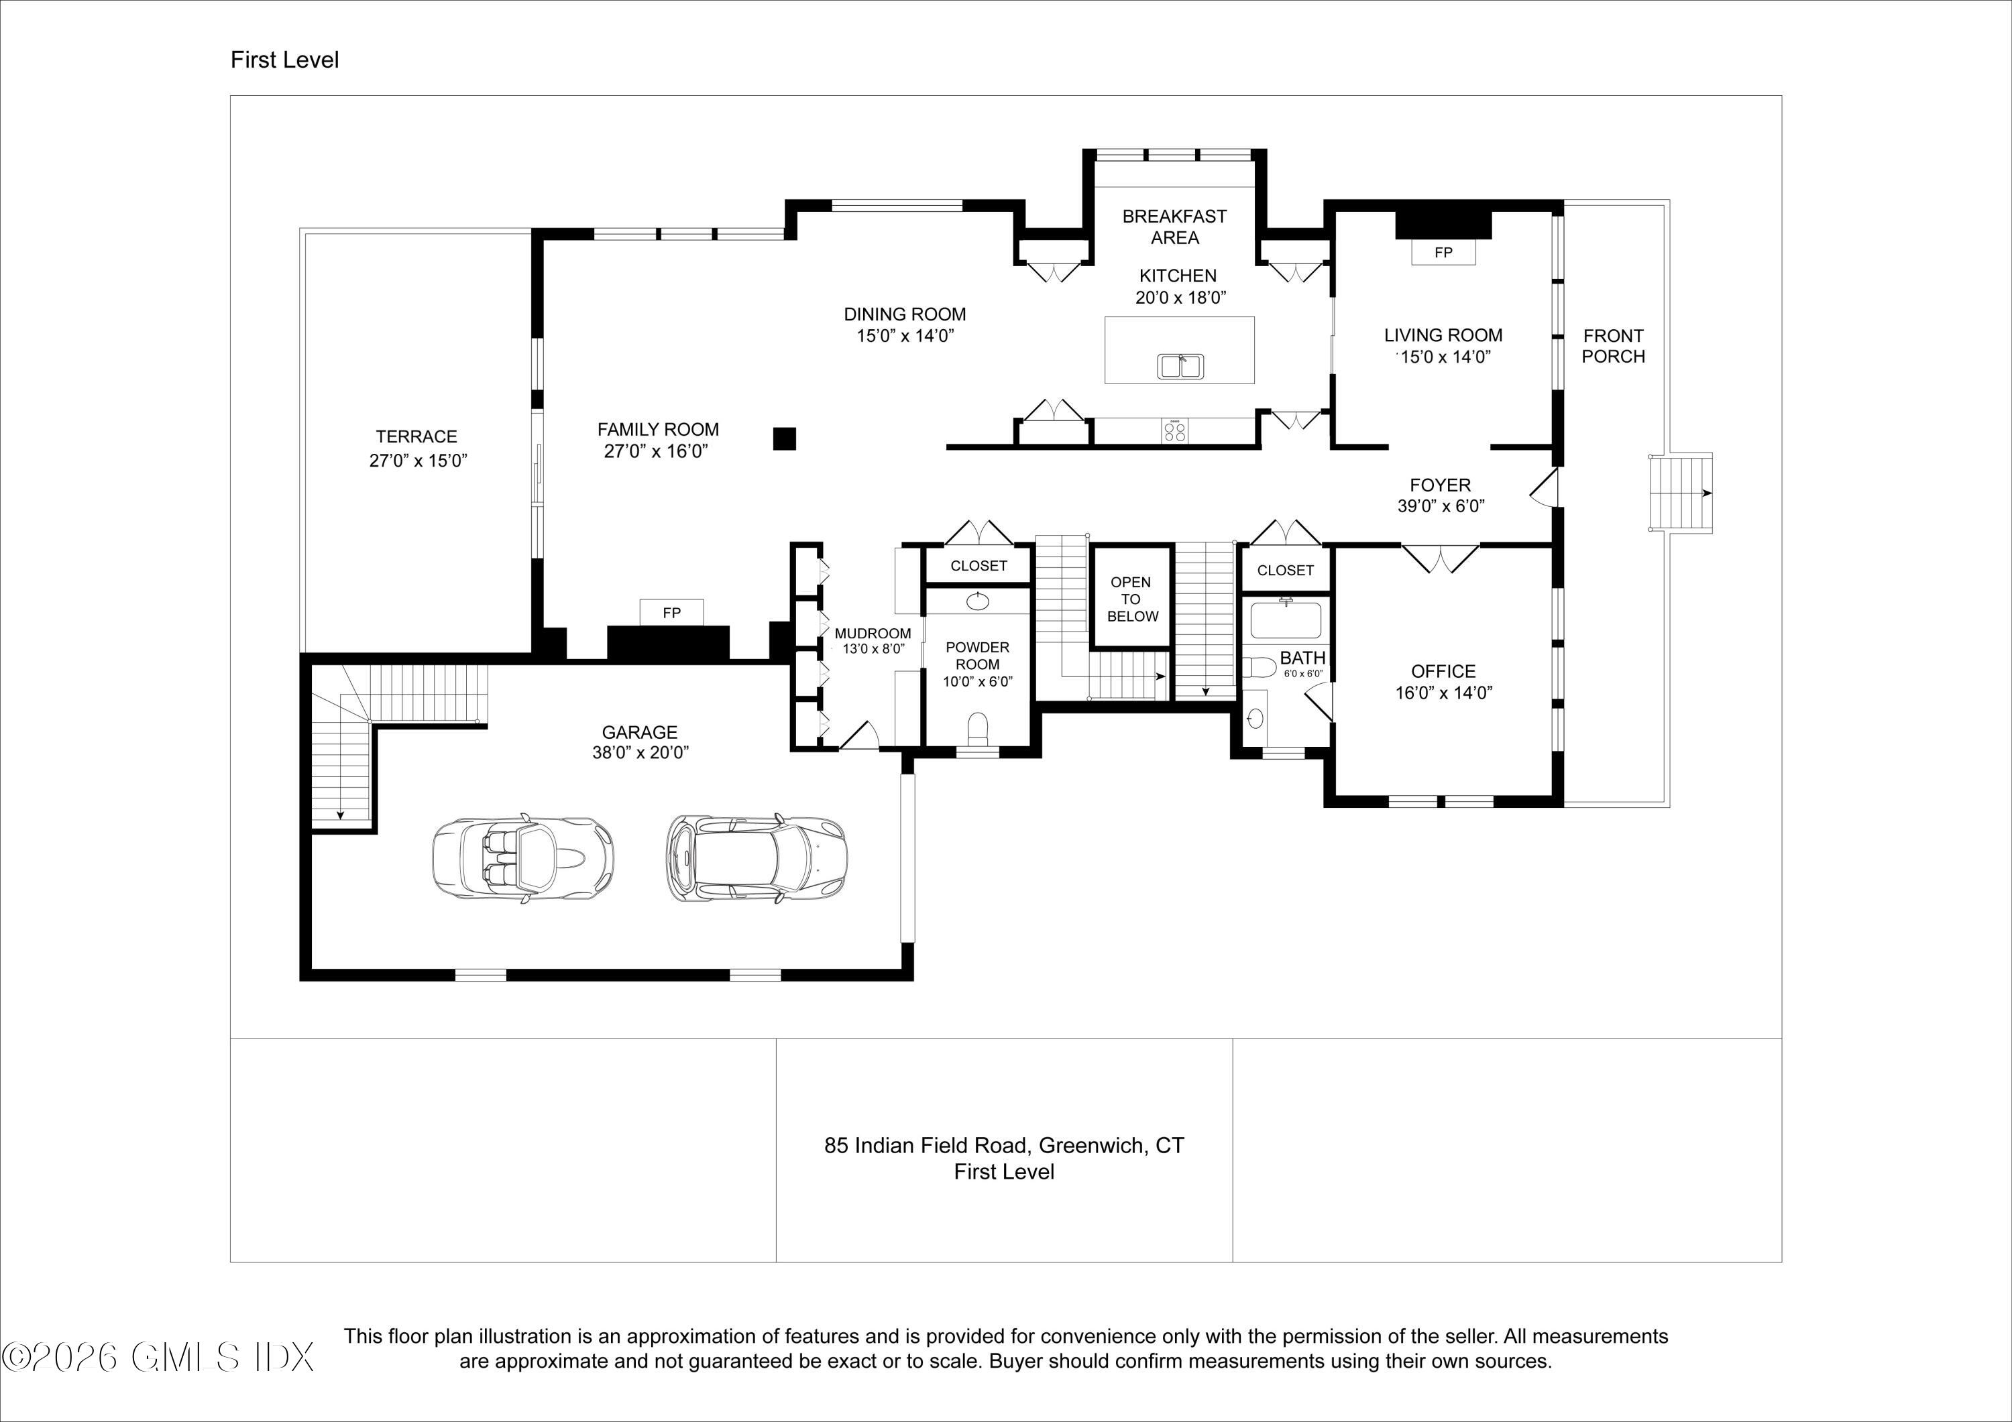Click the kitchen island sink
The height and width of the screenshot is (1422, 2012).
click(1181, 365)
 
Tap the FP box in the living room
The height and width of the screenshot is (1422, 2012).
click(1443, 252)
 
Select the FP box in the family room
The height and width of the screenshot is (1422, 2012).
click(671, 612)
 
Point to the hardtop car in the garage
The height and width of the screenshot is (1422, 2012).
click(757, 859)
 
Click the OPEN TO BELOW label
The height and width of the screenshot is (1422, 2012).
click(1132, 599)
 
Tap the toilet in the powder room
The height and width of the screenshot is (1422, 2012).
click(977, 728)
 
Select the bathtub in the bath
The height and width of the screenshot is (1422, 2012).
click(1286, 619)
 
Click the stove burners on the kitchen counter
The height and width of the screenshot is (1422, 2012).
click(1174, 431)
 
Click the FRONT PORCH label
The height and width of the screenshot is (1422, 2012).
click(1613, 346)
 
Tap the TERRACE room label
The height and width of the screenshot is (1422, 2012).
click(417, 436)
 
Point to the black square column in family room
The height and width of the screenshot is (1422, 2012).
click(784, 438)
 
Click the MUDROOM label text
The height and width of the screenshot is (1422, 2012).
click(873, 634)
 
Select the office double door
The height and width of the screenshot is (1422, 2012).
click(1441, 558)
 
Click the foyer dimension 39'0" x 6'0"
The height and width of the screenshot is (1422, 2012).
click(1441, 506)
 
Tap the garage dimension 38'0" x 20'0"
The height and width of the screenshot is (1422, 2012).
click(640, 753)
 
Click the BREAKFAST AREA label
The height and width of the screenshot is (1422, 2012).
click(1175, 227)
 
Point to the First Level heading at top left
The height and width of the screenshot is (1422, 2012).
click(285, 60)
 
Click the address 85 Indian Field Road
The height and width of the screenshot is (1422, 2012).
click(924, 1145)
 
